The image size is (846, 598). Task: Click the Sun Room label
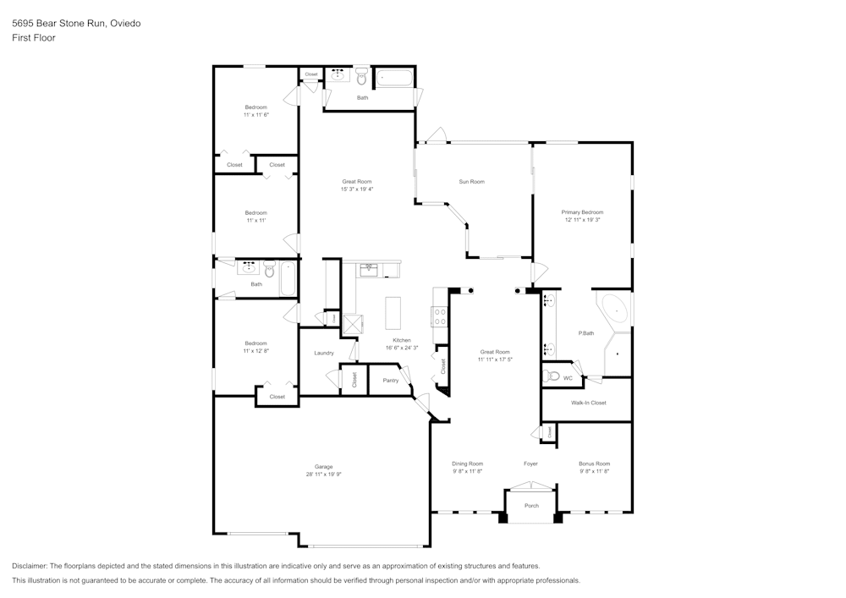point(471,182)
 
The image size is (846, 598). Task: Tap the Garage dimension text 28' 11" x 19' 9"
point(323,475)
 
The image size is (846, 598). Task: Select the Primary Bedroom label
point(582,212)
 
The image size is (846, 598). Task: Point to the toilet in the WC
point(554,376)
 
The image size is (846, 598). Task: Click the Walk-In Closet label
point(588,403)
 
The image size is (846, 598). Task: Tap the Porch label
point(531,506)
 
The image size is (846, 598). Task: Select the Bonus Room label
point(594,464)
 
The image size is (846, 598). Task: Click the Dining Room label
point(467,464)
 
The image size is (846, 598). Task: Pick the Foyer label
point(530,464)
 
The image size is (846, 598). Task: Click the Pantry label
point(390,381)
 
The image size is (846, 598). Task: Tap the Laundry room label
point(323,353)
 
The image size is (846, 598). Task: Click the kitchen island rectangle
point(393,312)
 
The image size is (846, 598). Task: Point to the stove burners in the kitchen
point(440,316)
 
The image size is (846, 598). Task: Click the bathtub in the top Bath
point(394,78)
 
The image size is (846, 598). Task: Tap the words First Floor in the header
point(34,38)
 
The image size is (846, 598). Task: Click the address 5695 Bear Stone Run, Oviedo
point(76,24)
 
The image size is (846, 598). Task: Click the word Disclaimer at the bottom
point(30,566)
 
